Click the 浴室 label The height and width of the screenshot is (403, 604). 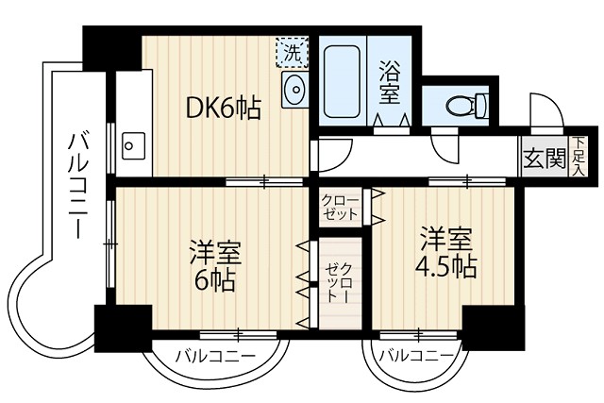390,81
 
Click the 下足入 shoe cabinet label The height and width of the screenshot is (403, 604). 578,156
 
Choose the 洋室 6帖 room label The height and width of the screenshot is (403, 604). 214,267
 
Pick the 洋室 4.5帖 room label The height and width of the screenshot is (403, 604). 445,252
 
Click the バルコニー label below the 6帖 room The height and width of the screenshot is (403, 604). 214,358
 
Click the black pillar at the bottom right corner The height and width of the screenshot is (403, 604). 492,327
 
